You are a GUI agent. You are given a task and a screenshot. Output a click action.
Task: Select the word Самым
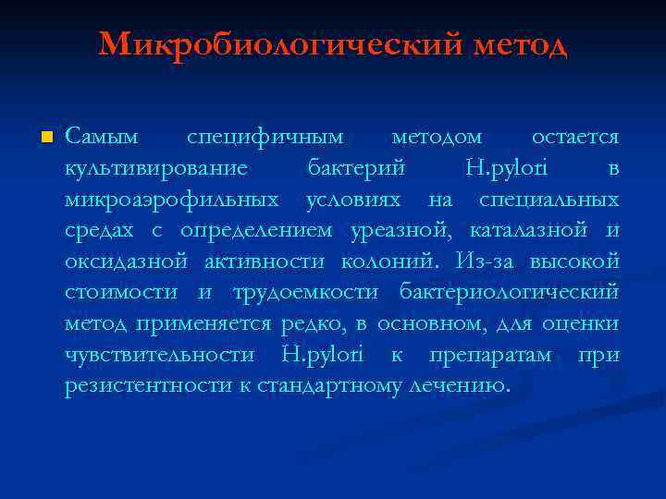(x=102, y=138)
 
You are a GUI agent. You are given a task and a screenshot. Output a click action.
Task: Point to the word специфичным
(x=265, y=138)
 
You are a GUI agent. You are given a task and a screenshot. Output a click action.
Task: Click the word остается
(x=575, y=138)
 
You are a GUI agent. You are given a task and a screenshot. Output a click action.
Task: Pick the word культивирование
(x=156, y=169)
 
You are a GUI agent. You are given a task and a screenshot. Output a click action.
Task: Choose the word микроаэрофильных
(x=172, y=200)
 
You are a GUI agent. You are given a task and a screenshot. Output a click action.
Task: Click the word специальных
(x=549, y=200)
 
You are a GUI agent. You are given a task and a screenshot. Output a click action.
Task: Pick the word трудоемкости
(x=305, y=293)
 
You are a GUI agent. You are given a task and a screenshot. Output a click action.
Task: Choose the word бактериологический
(x=510, y=293)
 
